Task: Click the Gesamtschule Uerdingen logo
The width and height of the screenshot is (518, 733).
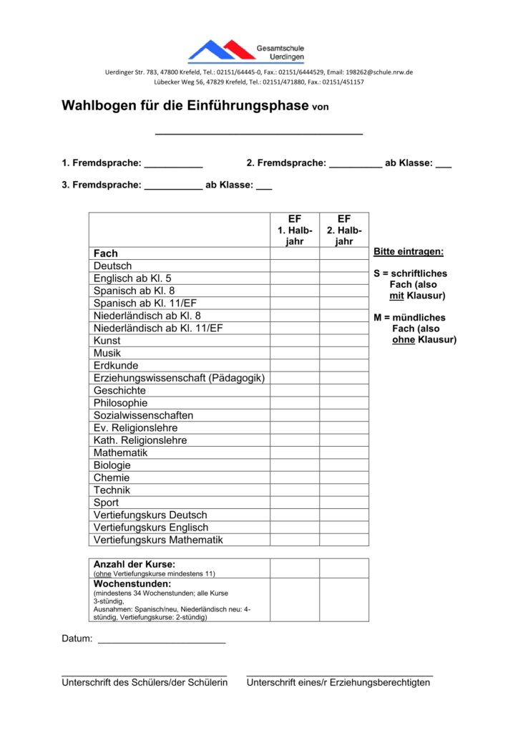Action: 245,51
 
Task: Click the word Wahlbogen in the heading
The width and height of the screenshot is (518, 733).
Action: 99,106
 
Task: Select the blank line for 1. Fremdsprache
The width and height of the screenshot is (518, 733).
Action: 173,166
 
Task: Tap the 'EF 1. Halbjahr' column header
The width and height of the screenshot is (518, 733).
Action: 295,230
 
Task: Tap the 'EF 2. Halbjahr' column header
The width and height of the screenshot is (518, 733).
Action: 344,230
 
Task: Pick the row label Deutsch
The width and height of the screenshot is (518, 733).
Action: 113,266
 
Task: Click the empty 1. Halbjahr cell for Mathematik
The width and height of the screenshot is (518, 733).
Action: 295,453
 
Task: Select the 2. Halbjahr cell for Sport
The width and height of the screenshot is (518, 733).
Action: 344,503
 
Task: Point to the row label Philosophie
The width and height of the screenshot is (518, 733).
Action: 120,403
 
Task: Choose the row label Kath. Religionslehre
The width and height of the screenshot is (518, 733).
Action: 140,440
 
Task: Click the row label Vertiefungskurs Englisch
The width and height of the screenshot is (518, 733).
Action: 151,528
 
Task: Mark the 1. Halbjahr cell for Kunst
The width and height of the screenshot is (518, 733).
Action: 295,341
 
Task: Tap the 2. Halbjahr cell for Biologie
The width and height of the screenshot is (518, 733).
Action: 344,465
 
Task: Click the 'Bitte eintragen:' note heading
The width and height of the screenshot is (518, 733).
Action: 409,252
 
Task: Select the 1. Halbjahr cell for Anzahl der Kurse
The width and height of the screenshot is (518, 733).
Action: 295,568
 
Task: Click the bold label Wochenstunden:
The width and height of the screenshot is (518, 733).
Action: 132,584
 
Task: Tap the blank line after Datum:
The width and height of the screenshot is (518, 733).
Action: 162,641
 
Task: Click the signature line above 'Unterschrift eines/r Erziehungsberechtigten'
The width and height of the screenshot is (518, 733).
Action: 340,674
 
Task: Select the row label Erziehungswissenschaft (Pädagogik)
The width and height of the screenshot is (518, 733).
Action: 179,378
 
